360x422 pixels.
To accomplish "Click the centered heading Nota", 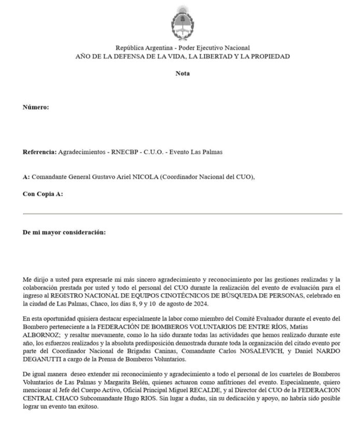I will click(182, 73).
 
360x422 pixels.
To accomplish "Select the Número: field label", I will click(36, 107).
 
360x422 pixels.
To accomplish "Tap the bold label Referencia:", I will click(39, 153).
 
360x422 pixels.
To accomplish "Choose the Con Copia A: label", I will click(43, 194).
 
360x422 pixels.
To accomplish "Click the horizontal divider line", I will click(182, 214).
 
